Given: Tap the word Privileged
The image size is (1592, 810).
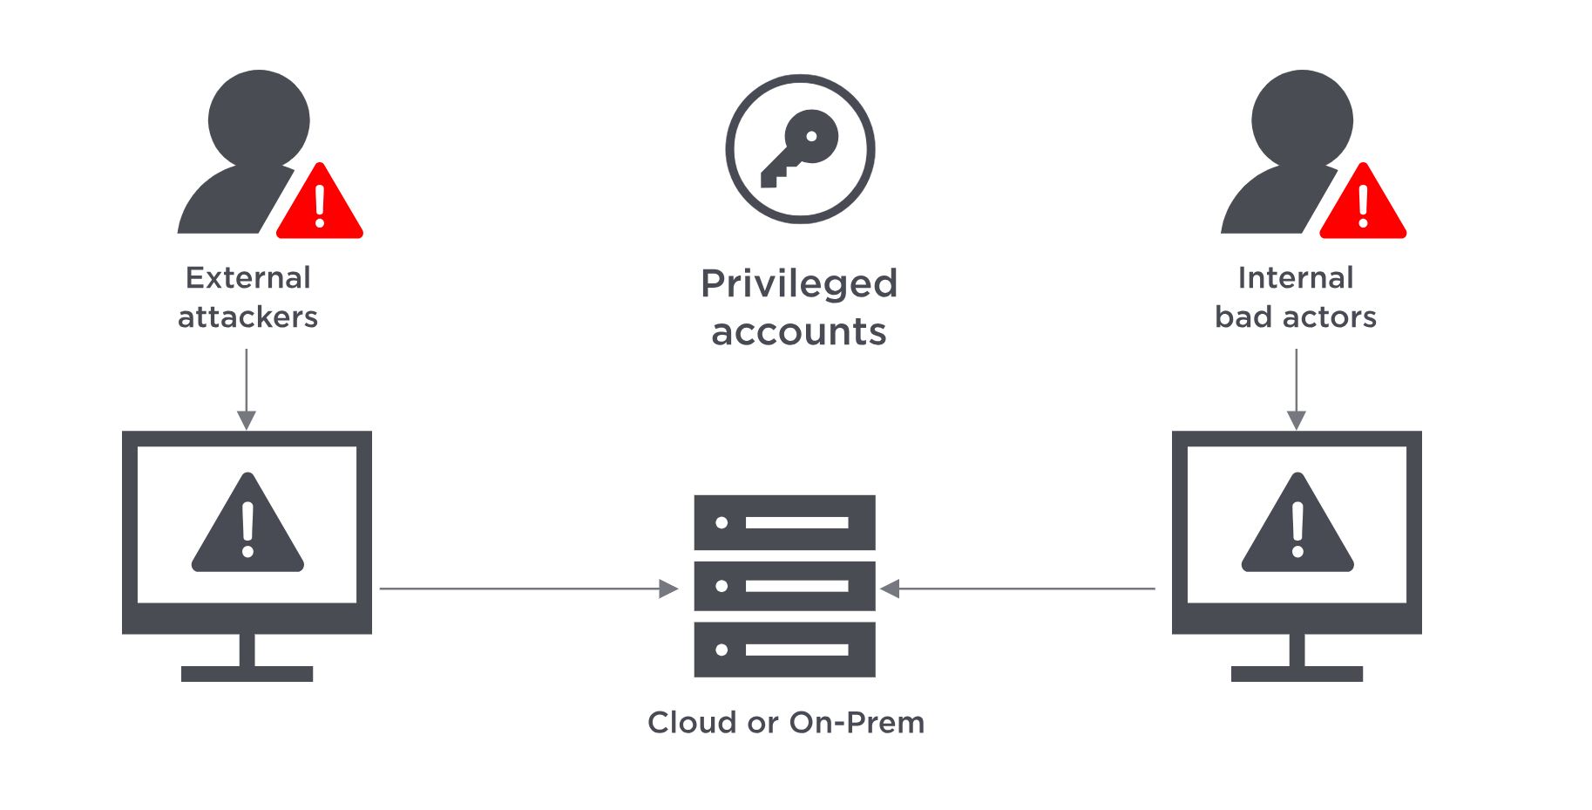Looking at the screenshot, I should pyautogui.click(x=799, y=284).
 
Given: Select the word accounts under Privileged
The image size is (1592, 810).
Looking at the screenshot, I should pyautogui.click(x=799, y=332).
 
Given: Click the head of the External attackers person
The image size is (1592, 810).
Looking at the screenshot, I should pyautogui.click(x=259, y=119).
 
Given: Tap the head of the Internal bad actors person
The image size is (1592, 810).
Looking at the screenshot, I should pyautogui.click(x=1302, y=119).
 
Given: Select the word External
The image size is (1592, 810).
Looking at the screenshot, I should pyautogui.click(x=248, y=278).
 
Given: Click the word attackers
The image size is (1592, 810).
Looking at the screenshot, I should pyautogui.click(x=248, y=317).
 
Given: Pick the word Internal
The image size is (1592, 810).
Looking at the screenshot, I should pyautogui.click(x=1296, y=278).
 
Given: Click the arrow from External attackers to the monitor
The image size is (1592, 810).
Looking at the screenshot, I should pyautogui.click(x=247, y=388).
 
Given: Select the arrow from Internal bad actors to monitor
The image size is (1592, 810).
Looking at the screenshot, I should pyautogui.click(x=1297, y=388).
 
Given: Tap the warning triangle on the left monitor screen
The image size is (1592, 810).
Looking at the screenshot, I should pyautogui.click(x=247, y=525).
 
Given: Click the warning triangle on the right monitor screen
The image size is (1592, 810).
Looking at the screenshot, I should pyautogui.click(x=1297, y=525).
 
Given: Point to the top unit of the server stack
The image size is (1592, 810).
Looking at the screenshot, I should pyautogui.click(x=784, y=522).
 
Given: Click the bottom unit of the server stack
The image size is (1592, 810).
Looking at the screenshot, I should pyautogui.click(x=784, y=650).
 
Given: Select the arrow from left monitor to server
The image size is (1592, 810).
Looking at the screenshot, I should pyautogui.click(x=528, y=589).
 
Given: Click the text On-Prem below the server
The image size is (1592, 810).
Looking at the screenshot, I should pyautogui.click(x=856, y=723).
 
